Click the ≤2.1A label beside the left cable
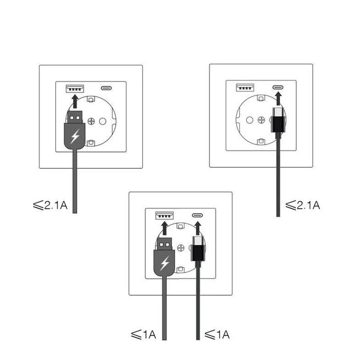(x=50, y=205)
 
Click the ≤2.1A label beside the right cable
(x=303, y=205)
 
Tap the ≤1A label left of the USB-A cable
(x=143, y=335)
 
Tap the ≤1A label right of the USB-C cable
(x=217, y=335)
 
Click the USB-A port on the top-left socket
(x=75, y=88)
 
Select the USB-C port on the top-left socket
(x=106, y=88)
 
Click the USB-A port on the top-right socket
(x=245, y=88)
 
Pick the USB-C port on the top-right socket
(x=278, y=88)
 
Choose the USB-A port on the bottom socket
(x=165, y=215)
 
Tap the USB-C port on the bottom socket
(x=197, y=215)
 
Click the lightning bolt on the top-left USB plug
(x=75, y=136)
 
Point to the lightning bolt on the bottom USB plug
(x=165, y=263)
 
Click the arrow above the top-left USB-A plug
(x=75, y=101)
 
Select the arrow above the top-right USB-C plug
(x=278, y=99)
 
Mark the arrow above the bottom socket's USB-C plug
(x=198, y=228)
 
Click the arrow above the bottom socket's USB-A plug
(x=165, y=228)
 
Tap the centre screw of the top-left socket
(x=91, y=121)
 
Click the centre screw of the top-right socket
(x=261, y=120)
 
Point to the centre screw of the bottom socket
(x=181, y=248)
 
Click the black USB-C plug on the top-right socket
(x=278, y=120)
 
